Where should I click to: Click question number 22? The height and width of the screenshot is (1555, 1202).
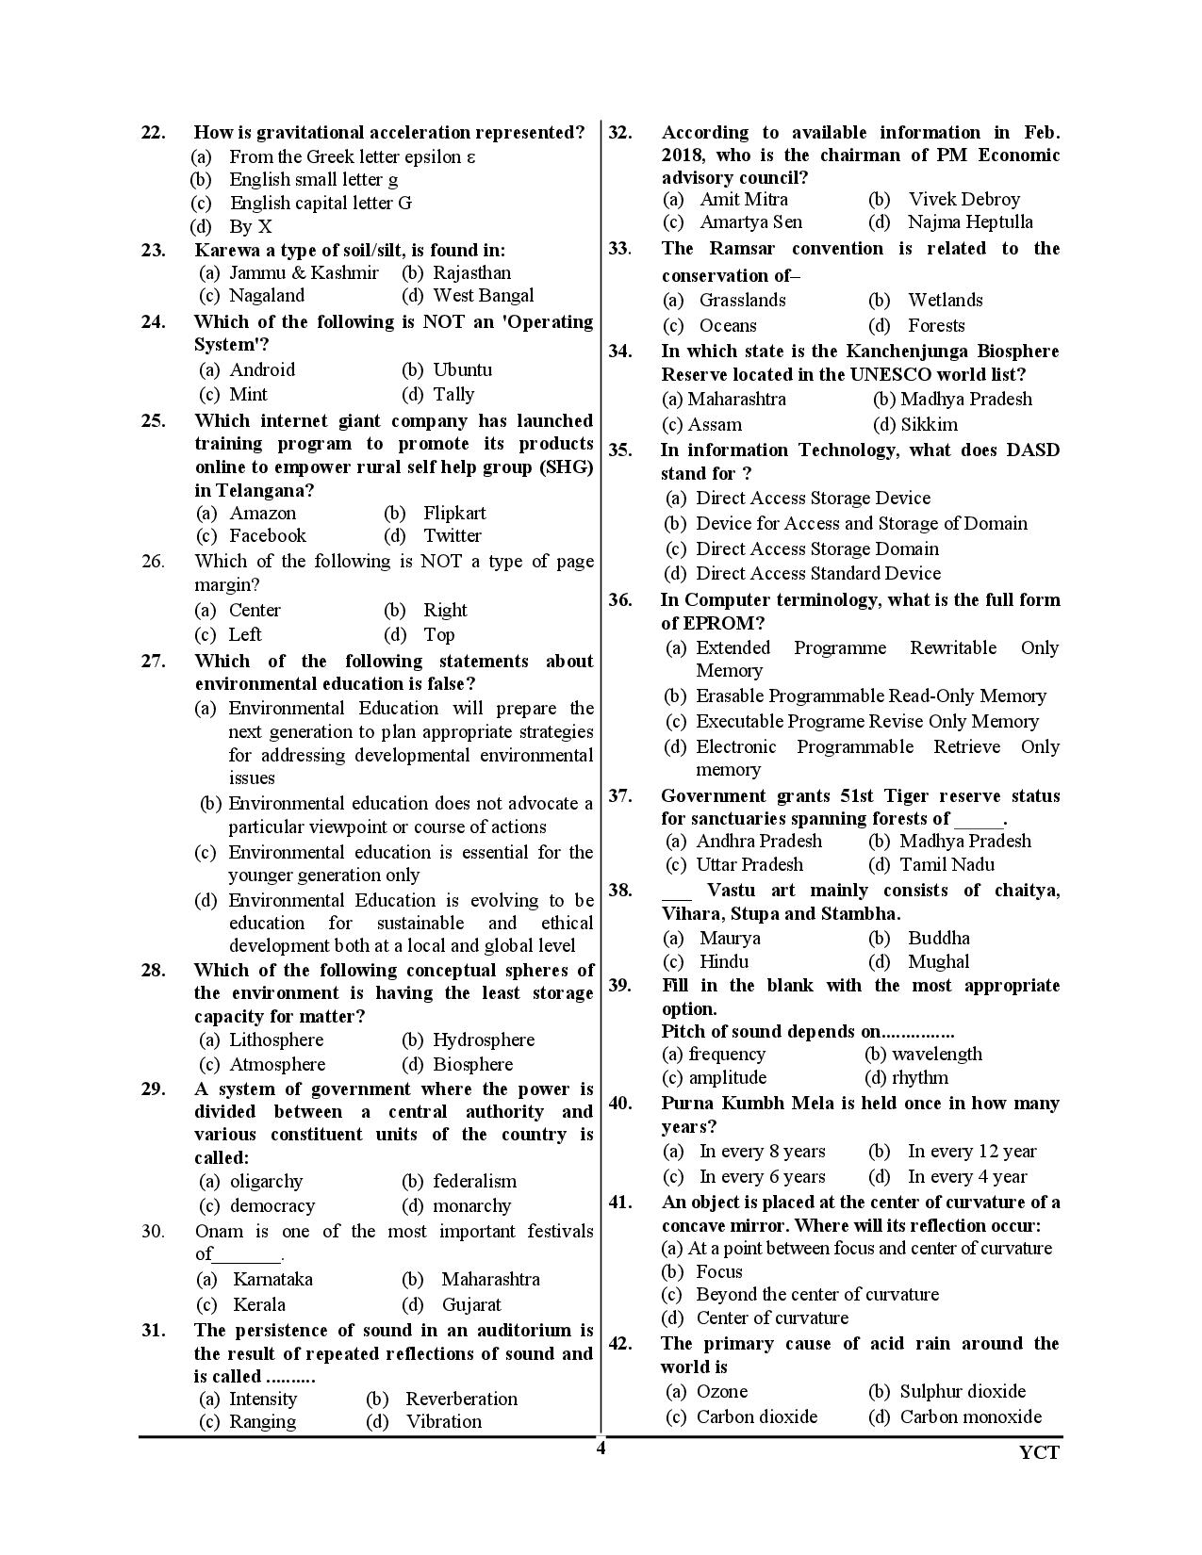point(153,133)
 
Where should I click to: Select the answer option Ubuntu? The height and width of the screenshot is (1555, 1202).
point(462,370)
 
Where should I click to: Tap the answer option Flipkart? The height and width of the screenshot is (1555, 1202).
point(454,514)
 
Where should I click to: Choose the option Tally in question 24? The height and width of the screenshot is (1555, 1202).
point(453,395)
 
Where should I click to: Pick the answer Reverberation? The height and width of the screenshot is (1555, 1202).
point(461,1399)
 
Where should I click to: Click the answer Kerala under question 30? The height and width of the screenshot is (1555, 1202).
point(259,1305)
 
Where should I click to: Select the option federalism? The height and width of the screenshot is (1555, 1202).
point(474,1182)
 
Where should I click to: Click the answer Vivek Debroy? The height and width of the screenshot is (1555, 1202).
point(963,200)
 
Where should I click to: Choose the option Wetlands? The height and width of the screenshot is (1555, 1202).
point(945,301)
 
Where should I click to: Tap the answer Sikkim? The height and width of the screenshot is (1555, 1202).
point(929,425)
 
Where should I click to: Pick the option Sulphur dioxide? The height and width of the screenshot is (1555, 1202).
point(963,1392)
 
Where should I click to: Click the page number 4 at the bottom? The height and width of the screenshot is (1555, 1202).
point(601,1449)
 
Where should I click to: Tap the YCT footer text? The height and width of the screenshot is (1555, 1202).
point(1039,1452)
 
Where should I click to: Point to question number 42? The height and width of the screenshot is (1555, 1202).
point(619,1344)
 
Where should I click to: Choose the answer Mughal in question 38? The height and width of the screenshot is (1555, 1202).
point(938,962)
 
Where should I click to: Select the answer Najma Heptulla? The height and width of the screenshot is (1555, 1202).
point(970,222)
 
